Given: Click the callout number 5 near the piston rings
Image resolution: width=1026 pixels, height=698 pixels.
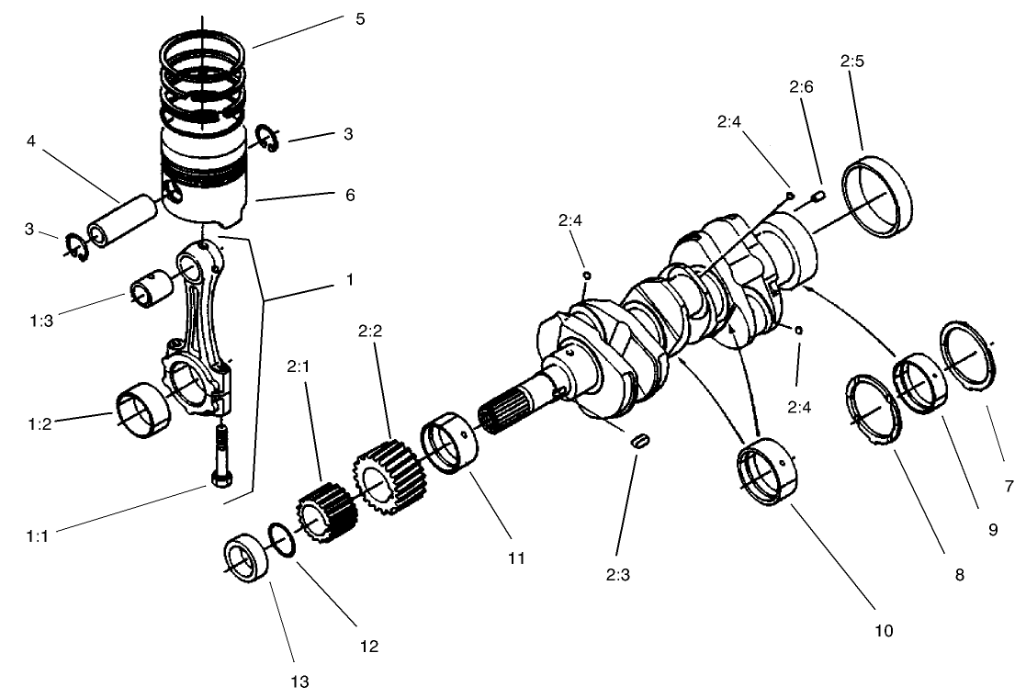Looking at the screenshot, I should [x=359, y=18].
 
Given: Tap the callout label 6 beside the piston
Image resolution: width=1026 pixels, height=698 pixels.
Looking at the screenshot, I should [x=350, y=195].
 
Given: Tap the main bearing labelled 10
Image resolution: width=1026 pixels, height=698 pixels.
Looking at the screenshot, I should [x=767, y=472].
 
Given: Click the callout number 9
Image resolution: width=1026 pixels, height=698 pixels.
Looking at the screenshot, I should [x=993, y=530].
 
